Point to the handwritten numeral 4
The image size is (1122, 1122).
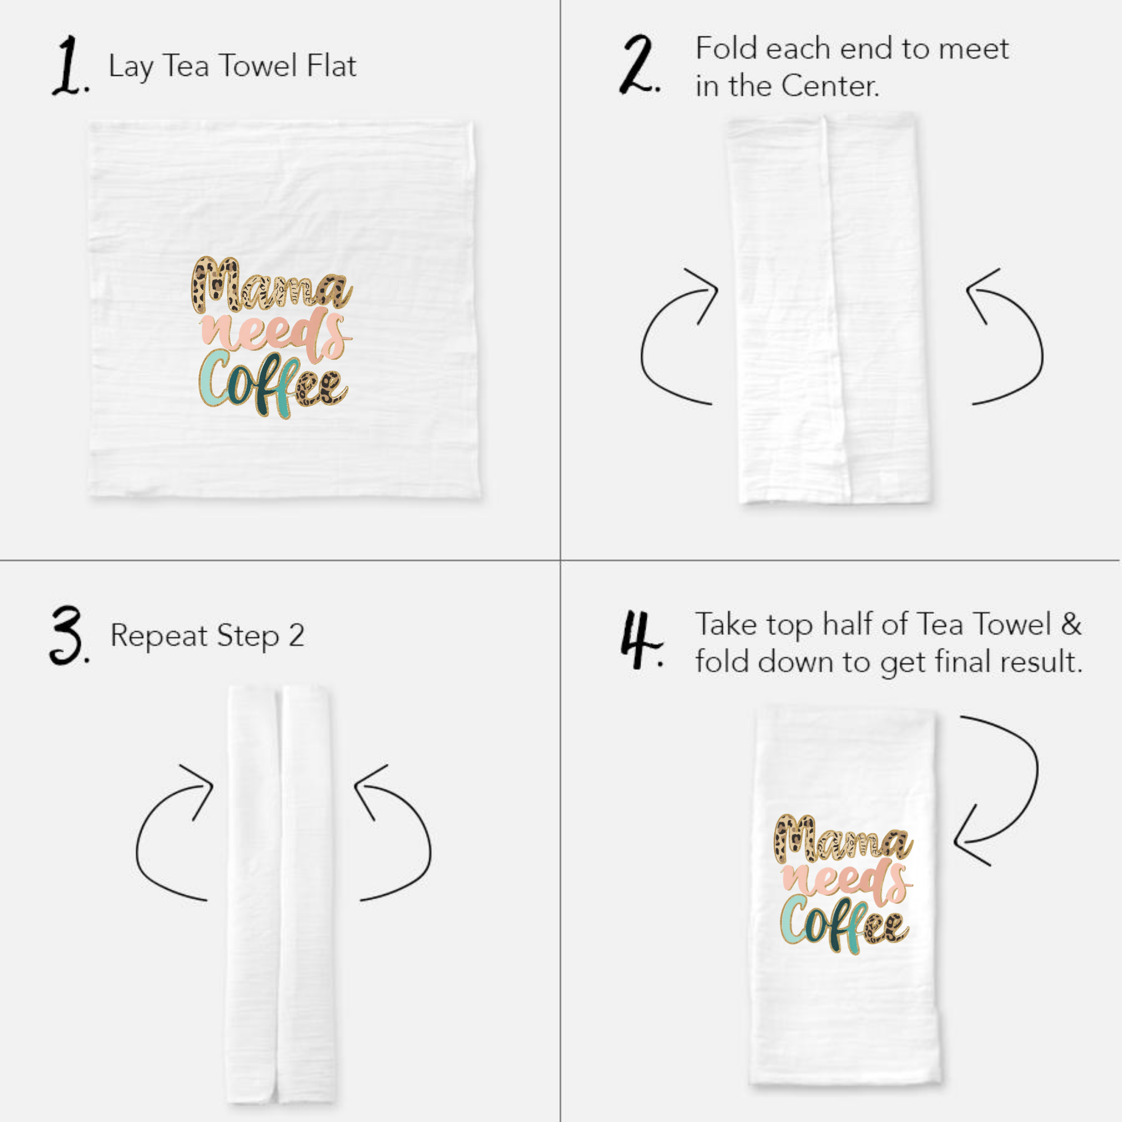[639, 640]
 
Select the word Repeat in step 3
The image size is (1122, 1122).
[159, 636]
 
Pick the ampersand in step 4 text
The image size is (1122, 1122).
[1071, 624]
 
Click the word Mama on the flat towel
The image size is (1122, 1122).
[270, 284]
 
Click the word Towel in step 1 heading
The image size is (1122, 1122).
[259, 65]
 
